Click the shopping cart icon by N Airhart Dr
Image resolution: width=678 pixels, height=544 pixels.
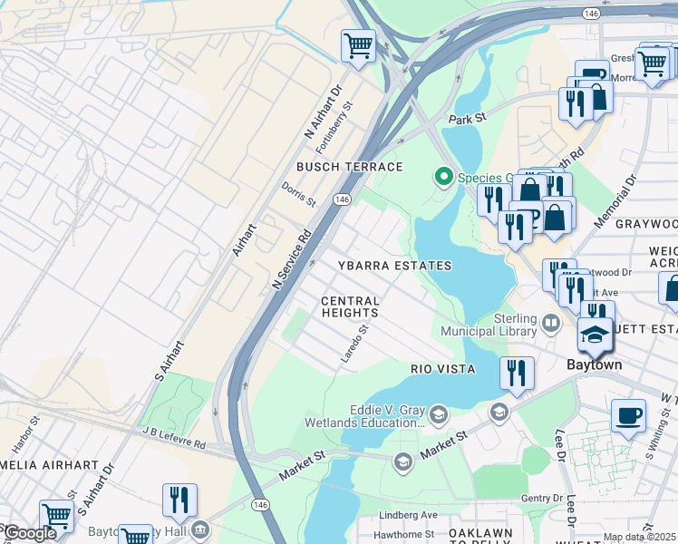click(x=358, y=44)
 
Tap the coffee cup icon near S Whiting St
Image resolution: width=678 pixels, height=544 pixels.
click(x=628, y=416)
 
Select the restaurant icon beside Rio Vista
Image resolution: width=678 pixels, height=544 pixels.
click(x=517, y=373)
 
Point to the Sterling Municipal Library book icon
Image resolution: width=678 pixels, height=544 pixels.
click(x=550, y=322)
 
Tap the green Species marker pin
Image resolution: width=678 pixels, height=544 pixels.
click(x=444, y=178)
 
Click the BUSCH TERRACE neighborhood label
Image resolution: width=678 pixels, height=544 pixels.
click(x=349, y=167)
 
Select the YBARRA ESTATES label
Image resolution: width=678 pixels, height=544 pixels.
click(x=394, y=266)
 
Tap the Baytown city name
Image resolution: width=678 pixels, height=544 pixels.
click(x=594, y=364)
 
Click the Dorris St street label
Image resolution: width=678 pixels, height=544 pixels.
click(x=298, y=193)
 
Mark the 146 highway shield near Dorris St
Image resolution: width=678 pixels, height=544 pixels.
click(x=342, y=199)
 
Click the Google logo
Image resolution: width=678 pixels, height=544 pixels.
click(x=30, y=533)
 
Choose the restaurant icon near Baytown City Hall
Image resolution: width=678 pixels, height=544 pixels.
click(x=179, y=500)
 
